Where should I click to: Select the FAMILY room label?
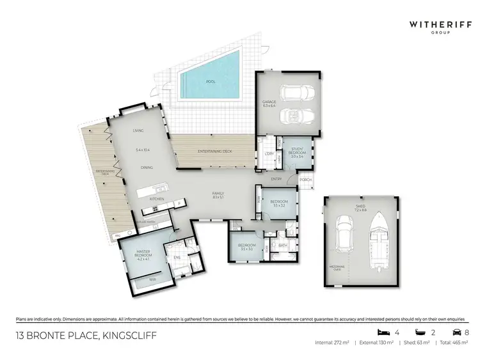pyautogui.click(x=218, y=194)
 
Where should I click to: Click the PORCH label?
pyautogui.click(x=306, y=180)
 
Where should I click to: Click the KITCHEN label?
pyautogui.click(x=157, y=200)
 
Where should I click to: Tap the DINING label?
pyautogui.click(x=147, y=168)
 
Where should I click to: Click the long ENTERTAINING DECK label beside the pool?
pyautogui.click(x=215, y=151)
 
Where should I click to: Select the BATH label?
pyautogui.click(x=282, y=245)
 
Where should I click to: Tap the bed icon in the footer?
pyautogui.click(x=383, y=333)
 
